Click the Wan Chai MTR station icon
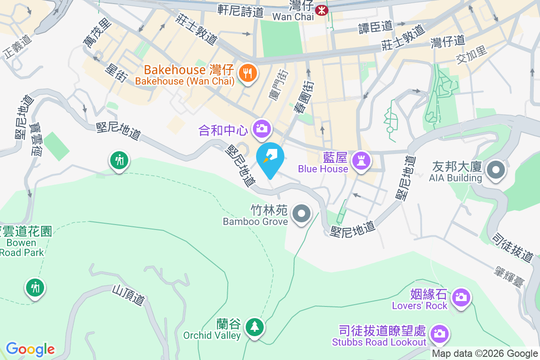322,10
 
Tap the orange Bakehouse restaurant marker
247,72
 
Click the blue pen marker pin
270,156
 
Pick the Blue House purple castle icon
361,160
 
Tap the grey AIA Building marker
496,170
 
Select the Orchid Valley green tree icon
255,326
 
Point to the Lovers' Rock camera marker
461,297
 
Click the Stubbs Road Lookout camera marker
439,333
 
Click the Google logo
30,349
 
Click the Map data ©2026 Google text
485,354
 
